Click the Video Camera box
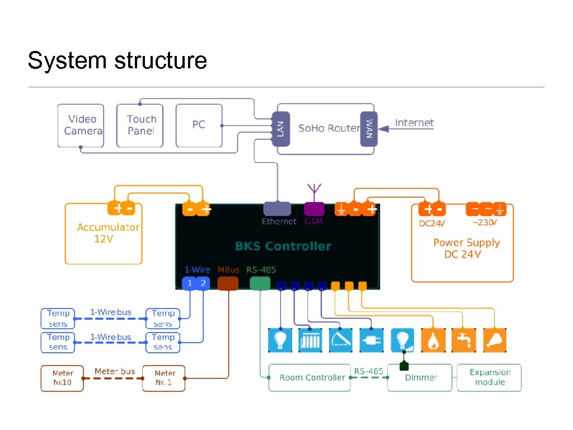[x=81, y=125]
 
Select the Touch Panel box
[x=140, y=125]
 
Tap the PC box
[x=199, y=125]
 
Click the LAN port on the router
[x=280, y=129]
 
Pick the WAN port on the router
[x=369, y=129]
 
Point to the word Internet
[x=414, y=123]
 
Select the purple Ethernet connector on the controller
[x=278, y=209]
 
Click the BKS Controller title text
[x=283, y=246]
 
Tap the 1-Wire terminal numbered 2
[x=203, y=283]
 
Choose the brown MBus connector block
[x=228, y=283]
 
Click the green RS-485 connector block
[x=260, y=283]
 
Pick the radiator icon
[x=310, y=340]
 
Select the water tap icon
[x=464, y=340]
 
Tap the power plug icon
[x=372, y=340]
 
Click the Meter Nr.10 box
[x=62, y=378]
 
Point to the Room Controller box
[x=309, y=377]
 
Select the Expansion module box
[x=489, y=377]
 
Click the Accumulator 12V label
[x=108, y=232]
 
